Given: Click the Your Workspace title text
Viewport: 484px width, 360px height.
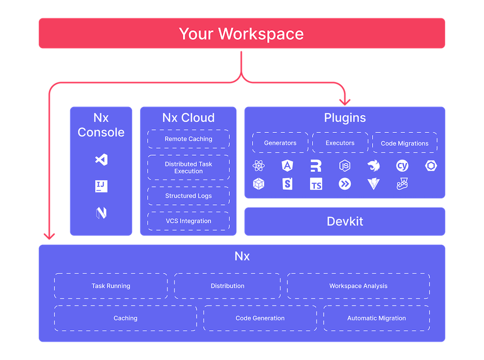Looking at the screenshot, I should click(241, 34).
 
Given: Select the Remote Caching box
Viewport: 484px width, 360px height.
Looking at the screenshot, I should click(188, 139).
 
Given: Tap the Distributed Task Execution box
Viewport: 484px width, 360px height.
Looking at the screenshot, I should click(188, 168).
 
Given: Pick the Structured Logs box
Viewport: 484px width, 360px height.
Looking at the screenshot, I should click(188, 196).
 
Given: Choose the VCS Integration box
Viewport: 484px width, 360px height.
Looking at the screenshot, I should click(188, 221).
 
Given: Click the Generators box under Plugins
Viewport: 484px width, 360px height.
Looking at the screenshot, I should click(280, 143).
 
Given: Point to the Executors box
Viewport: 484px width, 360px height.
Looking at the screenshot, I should click(340, 143).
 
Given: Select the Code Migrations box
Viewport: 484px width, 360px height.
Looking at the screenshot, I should click(405, 143).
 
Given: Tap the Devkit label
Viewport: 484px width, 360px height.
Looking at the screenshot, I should click(344, 221).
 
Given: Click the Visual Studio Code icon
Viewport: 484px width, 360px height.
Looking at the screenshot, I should click(101, 159).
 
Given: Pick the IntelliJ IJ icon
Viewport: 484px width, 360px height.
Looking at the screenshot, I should click(101, 186).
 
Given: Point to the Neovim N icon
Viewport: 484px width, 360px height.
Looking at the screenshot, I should click(101, 213).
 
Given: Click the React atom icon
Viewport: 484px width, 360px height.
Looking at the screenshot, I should click(258, 166).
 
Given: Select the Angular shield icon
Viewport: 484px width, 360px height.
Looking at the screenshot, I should click(287, 166).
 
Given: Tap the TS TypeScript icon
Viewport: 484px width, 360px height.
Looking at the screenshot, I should click(316, 184).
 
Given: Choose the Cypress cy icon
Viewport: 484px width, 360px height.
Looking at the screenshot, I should click(402, 166).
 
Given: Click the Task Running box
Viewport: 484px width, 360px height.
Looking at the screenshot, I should click(111, 286).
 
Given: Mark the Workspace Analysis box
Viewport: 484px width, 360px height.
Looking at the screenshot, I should click(358, 286).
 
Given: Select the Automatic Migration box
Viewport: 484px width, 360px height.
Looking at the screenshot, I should click(376, 318).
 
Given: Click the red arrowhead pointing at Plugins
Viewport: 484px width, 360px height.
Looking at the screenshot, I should click(344, 101).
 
